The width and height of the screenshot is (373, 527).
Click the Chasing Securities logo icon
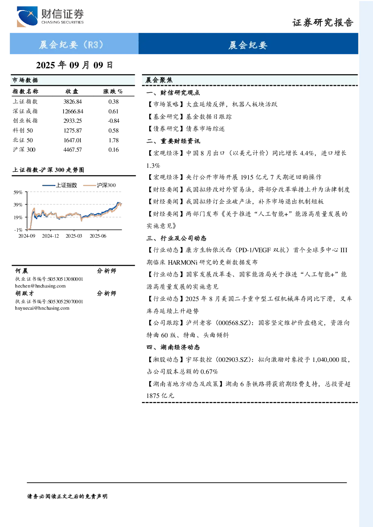pyautogui.click(x=27, y=16)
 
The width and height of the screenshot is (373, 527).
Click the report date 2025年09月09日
pyautogui.click(x=74, y=65)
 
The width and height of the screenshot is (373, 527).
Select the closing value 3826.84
pyautogui.click(x=72, y=102)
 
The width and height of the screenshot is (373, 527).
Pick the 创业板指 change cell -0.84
pyautogui.click(x=113, y=121)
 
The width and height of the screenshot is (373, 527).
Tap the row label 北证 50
pyautogui.click(x=23, y=140)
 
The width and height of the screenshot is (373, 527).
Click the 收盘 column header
pyautogui.click(x=72, y=91)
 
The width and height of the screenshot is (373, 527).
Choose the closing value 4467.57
pyautogui.click(x=72, y=150)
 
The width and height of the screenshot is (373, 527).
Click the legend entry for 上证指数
pyautogui.click(x=60, y=185)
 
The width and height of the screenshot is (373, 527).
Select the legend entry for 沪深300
pyautogui.click(x=100, y=185)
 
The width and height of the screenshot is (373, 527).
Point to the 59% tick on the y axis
pyautogui.click(x=18, y=193)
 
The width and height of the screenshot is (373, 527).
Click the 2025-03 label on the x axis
pyautogui.click(x=74, y=236)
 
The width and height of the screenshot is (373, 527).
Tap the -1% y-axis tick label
pyautogui.click(x=18, y=230)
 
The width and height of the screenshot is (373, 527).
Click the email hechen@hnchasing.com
pyautogui.click(x=40, y=286)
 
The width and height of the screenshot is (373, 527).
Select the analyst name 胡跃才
pyautogui.click(x=25, y=294)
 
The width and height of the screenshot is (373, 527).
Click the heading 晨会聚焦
pyautogui.click(x=159, y=80)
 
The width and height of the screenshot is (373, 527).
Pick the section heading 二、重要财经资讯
pyautogui.click(x=173, y=141)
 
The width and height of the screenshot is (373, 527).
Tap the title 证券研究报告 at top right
pyautogui.click(x=323, y=23)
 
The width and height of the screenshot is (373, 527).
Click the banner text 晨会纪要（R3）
pyautogui.click(x=71, y=44)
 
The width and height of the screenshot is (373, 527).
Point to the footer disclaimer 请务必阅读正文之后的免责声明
pyautogui.click(x=67, y=497)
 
